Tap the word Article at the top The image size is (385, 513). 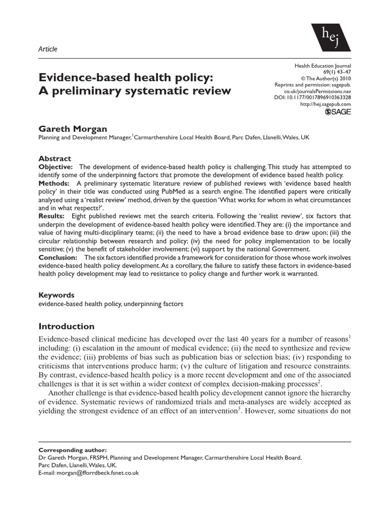(x=48, y=49)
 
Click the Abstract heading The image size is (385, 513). (x=55, y=158)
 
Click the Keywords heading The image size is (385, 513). (x=57, y=295)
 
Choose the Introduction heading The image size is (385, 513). (x=66, y=327)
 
